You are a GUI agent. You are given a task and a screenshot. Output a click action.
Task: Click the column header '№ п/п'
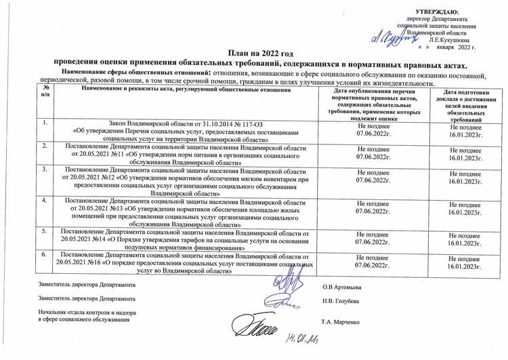(x=45, y=94)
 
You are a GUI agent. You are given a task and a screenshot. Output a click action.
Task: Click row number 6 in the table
(x=45, y=254)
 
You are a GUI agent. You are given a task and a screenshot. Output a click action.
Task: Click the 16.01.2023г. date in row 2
(x=465, y=157)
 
